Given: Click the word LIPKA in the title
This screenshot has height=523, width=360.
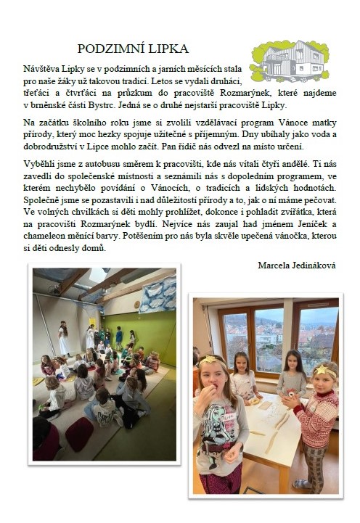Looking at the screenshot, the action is pyautogui.click(x=168, y=49).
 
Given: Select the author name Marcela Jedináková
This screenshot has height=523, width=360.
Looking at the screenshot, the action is pyautogui.click(x=298, y=265).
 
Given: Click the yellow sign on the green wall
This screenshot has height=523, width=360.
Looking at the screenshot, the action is pyautogui.click(x=92, y=322).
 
